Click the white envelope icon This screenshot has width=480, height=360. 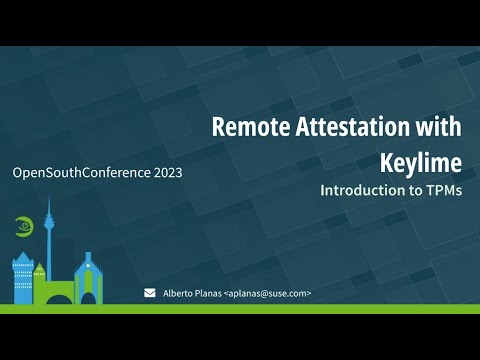150,293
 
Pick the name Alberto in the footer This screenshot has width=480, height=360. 180,294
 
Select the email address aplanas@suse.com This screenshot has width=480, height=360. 268,294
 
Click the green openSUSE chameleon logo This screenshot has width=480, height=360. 23,226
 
